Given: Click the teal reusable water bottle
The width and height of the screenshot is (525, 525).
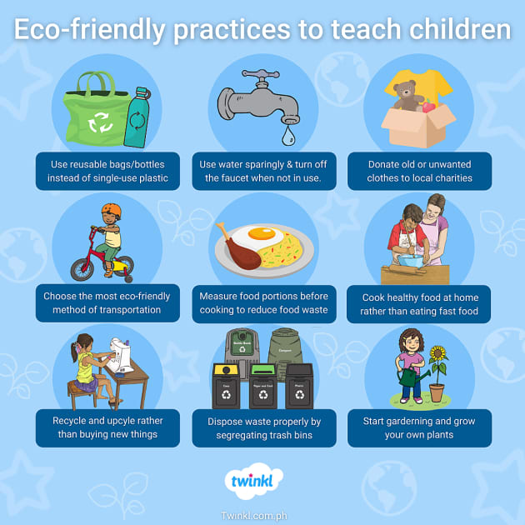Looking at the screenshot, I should (136, 117).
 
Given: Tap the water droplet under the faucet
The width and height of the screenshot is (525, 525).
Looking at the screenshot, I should (288, 133).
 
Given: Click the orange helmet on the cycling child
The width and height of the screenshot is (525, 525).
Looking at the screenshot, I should (110, 212).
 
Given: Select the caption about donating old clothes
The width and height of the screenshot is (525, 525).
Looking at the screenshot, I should (419, 171).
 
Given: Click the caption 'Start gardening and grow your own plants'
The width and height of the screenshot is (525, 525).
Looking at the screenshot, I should (419, 427).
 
